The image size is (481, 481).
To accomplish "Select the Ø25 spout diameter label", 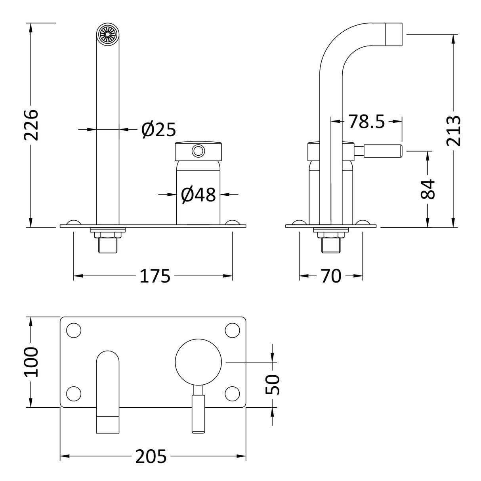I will click(158, 130).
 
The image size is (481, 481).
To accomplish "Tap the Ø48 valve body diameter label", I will click(198, 195).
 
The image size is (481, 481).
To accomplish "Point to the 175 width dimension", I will click(155, 276).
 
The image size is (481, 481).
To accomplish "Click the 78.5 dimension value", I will click(366, 122).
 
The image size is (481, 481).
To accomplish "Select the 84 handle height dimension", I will click(428, 189).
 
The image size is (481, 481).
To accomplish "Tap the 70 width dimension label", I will click(331, 276).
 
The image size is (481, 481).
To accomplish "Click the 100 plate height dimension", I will click(31, 362).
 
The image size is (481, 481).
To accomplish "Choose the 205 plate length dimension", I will click(151, 456).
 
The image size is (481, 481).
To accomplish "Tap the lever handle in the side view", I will click(383, 151).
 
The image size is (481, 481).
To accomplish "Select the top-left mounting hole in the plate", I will click(74, 330).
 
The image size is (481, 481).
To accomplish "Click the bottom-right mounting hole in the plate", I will click(232, 393).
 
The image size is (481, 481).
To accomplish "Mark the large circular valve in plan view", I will click(199, 361).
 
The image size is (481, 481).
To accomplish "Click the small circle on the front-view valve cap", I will click(198, 151).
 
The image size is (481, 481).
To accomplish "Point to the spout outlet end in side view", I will click(394, 34).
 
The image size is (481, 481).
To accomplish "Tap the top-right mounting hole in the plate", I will click(232, 330).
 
